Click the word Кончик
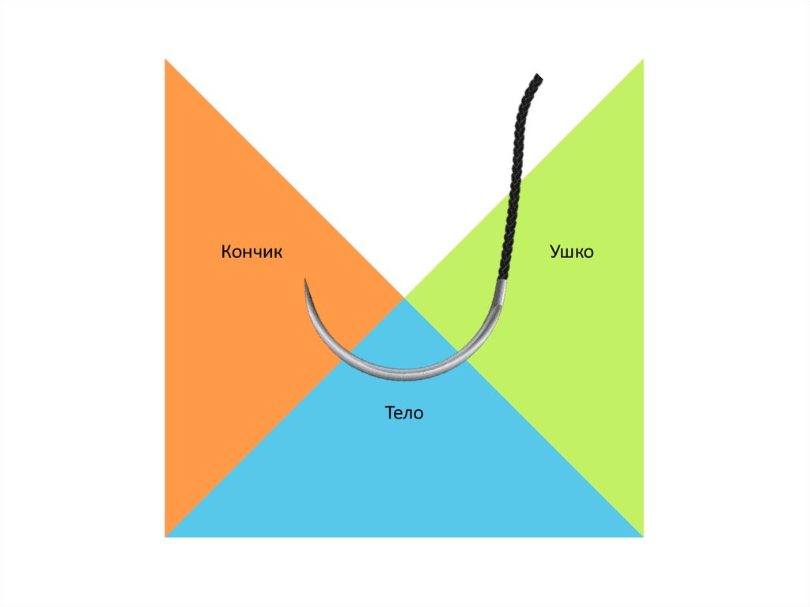point(252,252)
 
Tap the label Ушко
point(571,252)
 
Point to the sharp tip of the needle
point(305,279)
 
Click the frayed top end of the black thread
point(536,78)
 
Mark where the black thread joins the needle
point(501,281)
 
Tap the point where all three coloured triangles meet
point(404,298)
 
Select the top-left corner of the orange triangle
point(165,59)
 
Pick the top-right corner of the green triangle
point(643,59)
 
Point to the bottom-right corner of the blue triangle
point(642,537)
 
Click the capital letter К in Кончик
point(226,252)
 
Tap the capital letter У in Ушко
point(555,252)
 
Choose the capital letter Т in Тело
point(389,412)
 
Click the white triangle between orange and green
point(404,158)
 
